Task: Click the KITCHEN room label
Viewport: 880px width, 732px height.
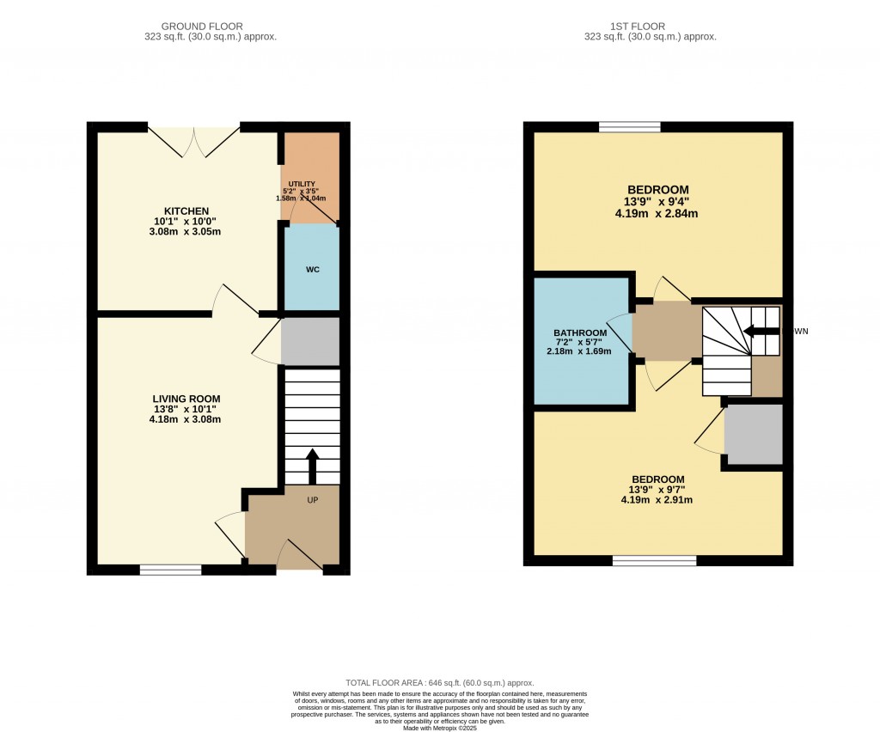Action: [x=186, y=210]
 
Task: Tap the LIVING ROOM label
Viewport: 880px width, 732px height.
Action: [x=186, y=399]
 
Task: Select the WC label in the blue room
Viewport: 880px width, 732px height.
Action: [x=313, y=270]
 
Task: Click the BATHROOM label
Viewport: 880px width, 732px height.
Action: [x=580, y=333]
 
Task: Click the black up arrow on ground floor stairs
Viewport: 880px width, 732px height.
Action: [x=311, y=466]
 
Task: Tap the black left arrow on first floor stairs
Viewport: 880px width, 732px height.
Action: [x=761, y=331]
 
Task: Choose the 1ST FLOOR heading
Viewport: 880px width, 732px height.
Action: [x=650, y=27]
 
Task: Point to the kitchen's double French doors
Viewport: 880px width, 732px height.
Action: [x=194, y=142]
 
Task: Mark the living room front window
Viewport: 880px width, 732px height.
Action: [x=170, y=569]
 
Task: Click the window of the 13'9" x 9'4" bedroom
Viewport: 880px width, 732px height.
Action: [x=629, y=127]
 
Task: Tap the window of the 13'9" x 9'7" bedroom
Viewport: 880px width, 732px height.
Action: [x=654, y=560]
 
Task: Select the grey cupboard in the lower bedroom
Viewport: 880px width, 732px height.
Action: [x=754, y=434]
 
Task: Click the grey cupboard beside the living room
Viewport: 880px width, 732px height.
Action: [x=310, y=341]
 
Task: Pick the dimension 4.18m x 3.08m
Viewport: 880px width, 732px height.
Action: [x=186, y=419]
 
